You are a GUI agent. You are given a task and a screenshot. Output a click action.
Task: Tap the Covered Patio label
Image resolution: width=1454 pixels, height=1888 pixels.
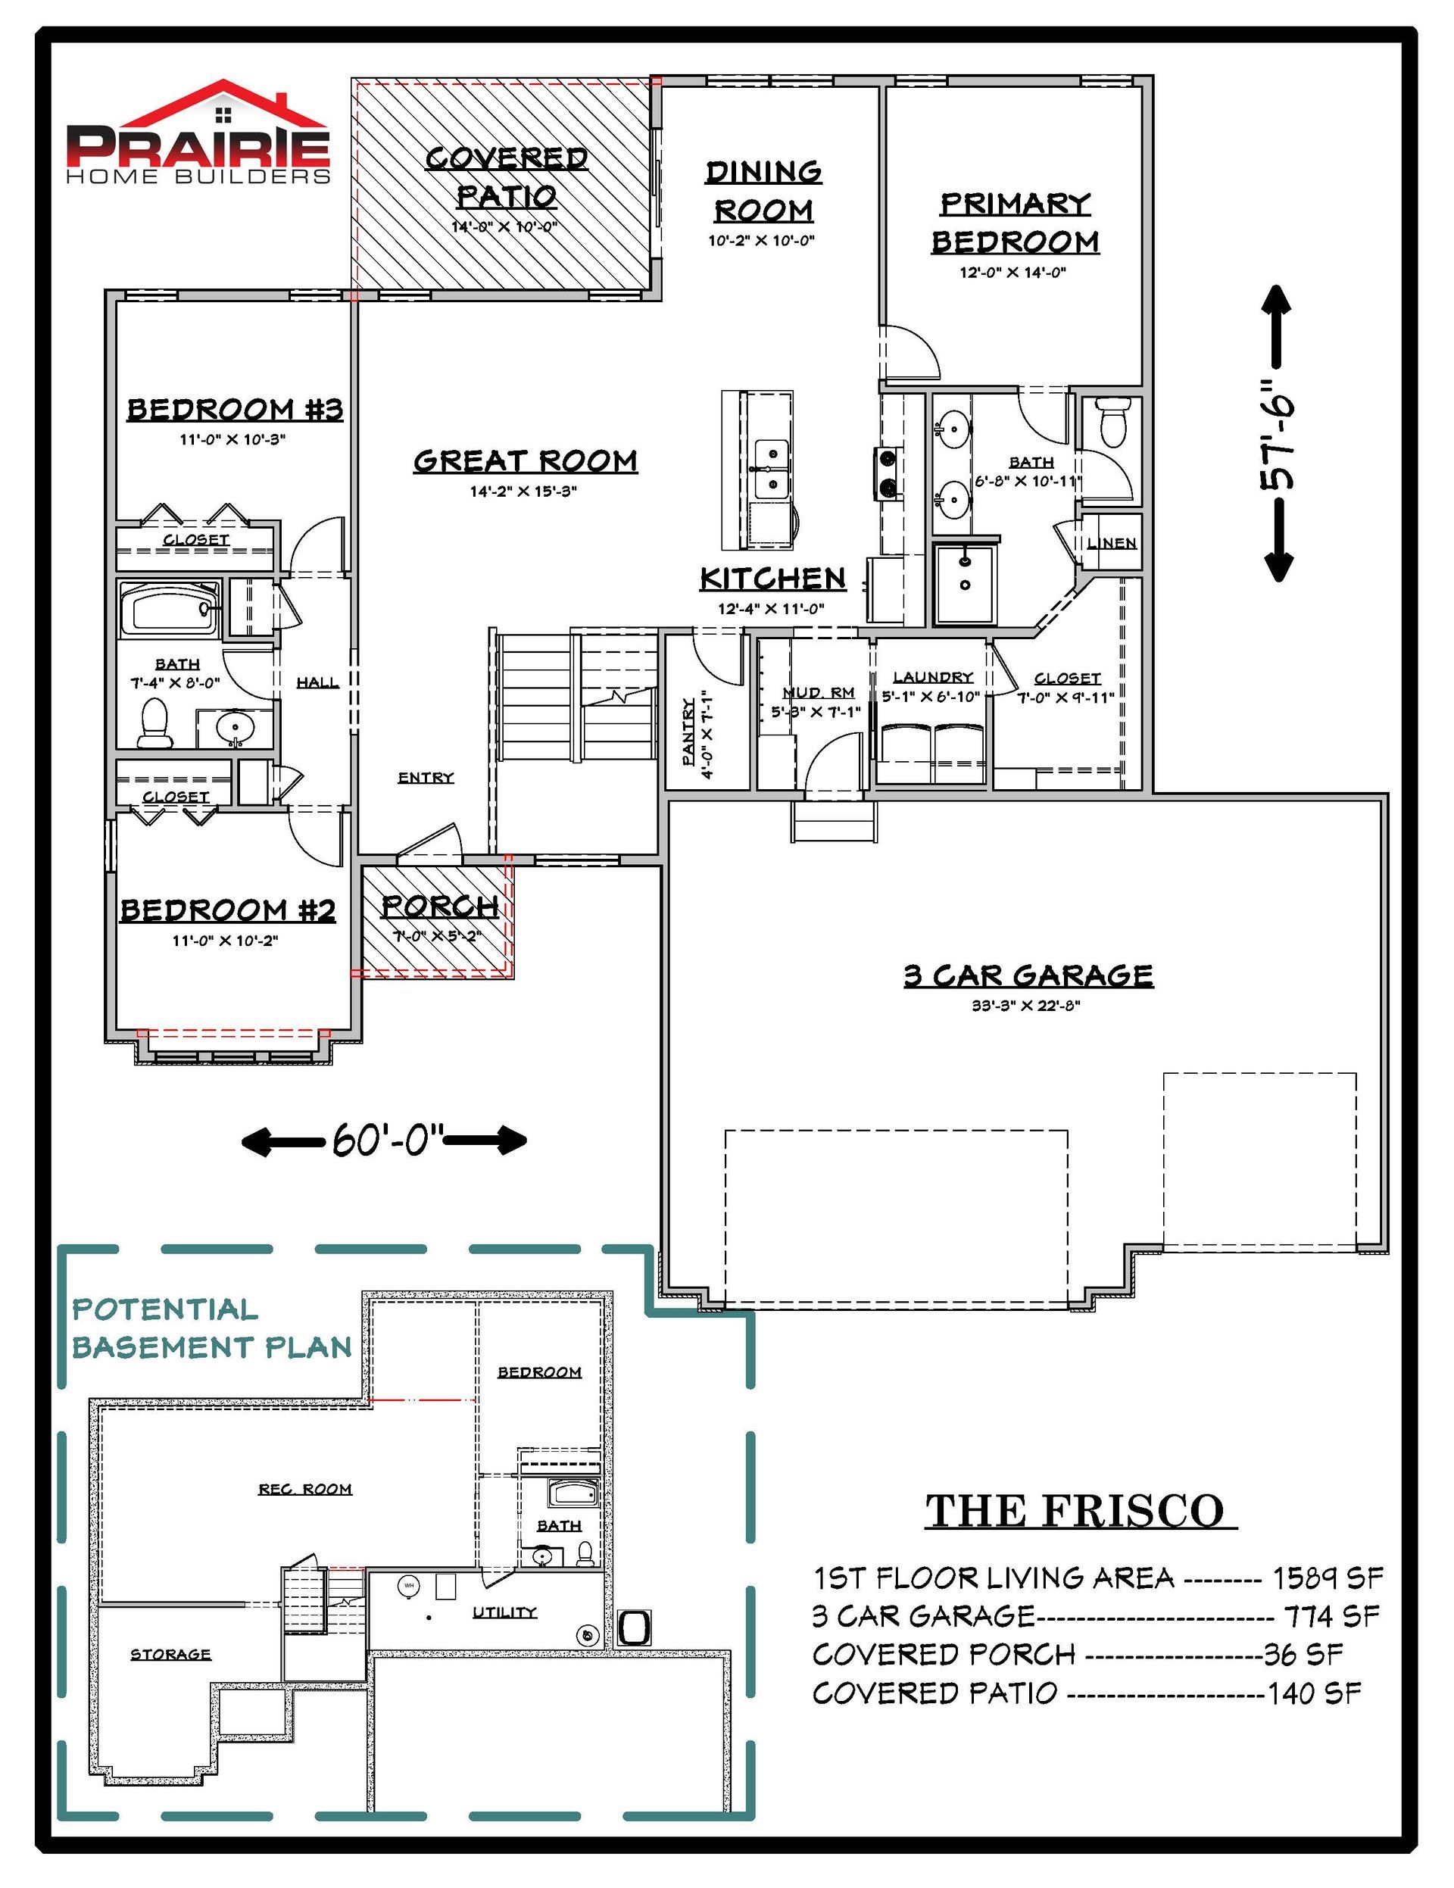(x=507, y=177)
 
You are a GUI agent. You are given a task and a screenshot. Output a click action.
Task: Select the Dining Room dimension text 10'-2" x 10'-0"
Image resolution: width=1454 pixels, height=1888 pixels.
(x=762, y=240)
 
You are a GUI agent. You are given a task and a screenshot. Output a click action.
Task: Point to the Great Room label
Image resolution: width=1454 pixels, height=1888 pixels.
(x=526, y=460)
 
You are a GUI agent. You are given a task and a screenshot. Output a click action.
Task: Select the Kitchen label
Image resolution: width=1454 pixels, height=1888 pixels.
(x=772, y=579)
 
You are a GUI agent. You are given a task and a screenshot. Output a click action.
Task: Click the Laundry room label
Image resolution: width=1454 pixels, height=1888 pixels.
(x=934, y=677)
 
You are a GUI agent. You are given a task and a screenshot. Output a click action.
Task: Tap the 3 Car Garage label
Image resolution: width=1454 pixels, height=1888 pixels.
(x=1028, y=975)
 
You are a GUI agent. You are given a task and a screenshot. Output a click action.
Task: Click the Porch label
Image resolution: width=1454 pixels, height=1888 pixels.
(x=440, y=906)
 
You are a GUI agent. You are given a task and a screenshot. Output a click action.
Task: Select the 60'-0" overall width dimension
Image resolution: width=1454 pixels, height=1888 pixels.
(x=384, y=1141)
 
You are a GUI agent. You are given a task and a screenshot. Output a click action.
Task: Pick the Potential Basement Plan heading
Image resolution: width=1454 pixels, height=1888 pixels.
(x=212, y=1328)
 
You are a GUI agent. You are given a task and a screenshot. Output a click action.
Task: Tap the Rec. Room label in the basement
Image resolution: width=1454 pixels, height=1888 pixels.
(x=305, y=1489)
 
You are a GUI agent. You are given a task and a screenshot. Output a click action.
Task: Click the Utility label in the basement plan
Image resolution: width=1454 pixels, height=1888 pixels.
(x=505, y=1612)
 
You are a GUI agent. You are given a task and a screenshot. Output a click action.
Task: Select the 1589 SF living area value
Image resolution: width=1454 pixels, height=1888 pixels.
(x=1327, y=1578)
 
